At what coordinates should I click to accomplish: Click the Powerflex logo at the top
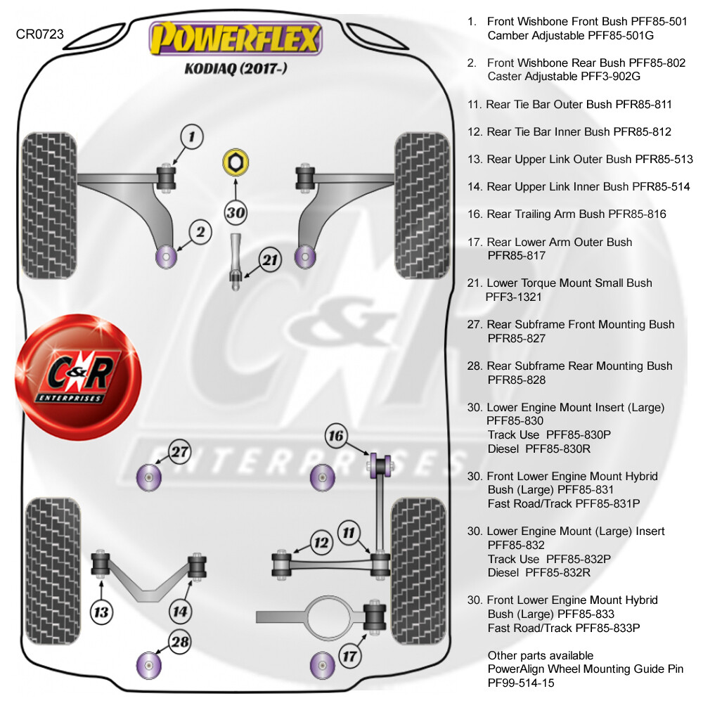pos(236,39)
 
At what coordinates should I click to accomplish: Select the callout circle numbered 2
pos(200,232)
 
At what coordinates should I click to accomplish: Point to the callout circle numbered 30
pos(236,211)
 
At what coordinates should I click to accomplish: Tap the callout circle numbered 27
pos(181,452)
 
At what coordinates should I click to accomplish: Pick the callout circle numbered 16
pos(336,436)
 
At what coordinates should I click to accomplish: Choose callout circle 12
pos(321,543)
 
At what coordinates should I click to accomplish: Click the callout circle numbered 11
pos(349,532)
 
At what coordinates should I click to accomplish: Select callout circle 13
pos(103,612)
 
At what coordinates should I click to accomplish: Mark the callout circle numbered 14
pos(181,612)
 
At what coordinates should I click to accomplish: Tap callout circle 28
pos(181,641)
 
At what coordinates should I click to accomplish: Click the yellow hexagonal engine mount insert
pos(234,162)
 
